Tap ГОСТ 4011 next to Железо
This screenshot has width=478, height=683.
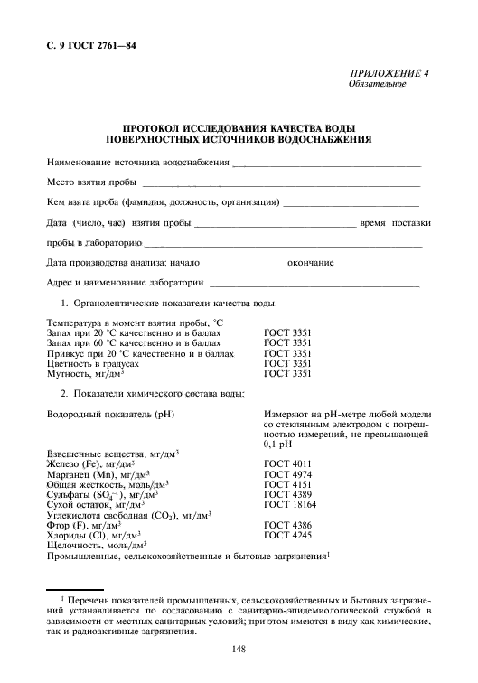point(287,462)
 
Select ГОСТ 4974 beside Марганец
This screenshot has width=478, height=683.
point(287,472)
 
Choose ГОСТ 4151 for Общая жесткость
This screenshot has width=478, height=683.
point(287,483)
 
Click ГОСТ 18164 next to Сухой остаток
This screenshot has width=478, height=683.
point(289,504)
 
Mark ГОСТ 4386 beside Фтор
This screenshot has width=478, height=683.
point(287,525)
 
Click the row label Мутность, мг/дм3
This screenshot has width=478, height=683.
point(84,374)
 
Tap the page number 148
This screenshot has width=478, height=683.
point(239,649)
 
